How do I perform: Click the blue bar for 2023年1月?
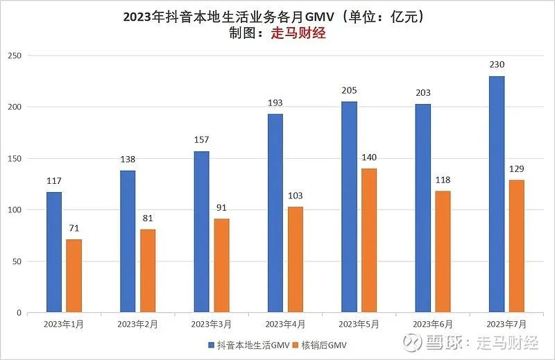[54, 252]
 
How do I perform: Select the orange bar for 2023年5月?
[368, 240]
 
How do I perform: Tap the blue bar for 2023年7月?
[497, 194]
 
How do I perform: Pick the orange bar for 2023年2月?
[148, 271]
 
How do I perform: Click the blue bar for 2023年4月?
[275, 213]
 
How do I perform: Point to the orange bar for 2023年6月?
[443, 252]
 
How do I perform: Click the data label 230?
[497, 65]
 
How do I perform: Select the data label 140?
[368, 157]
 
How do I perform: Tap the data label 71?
[74, 228]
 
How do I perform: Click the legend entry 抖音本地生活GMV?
[246, 345]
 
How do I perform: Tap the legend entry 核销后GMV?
[322, 345]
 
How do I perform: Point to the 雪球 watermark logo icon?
[413, 342]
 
